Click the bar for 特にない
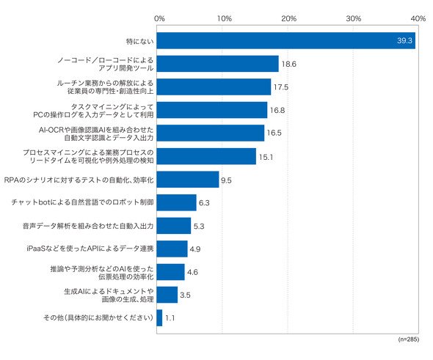point(285,40)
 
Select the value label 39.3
point(404,40)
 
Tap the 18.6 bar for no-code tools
point(218,64)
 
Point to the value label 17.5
point(281,87)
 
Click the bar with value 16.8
point(212,110)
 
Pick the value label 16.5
point(274,133)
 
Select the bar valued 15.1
point(206,156)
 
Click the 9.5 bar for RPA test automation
point(188,180)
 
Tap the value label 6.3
point(204,203)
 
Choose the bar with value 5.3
point(174,226)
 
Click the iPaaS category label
point(90,249)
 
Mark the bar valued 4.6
point(170,272)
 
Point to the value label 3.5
point(185,295)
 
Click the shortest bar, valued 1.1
point(159,317)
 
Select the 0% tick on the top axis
point(159,19)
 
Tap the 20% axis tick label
point(289,19)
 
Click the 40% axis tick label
point(418,19)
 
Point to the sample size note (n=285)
point(409,339)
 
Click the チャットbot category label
point(83,202)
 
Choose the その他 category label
point(98,317)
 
